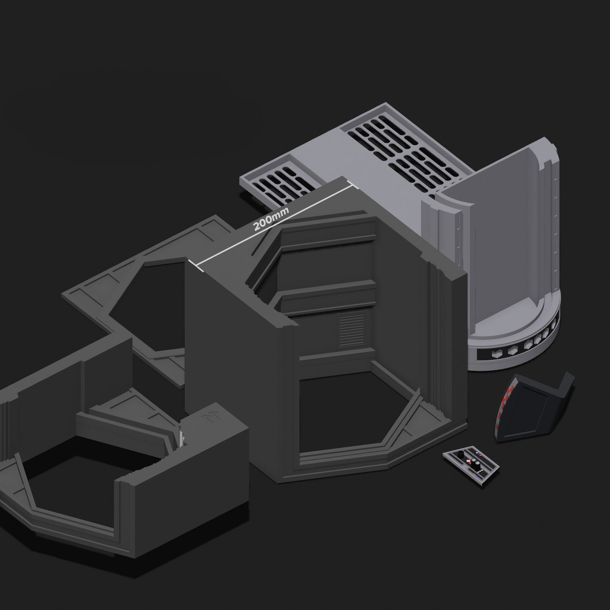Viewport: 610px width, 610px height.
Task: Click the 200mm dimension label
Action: click(271, 219)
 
